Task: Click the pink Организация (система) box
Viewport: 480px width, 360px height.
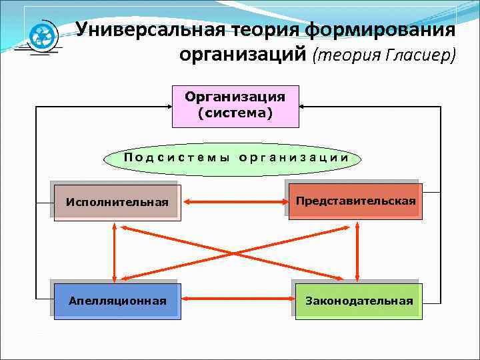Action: tap(235, 106)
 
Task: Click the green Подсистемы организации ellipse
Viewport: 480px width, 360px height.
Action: tap(235, 158)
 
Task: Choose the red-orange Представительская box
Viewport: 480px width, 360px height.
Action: tap(355, 201)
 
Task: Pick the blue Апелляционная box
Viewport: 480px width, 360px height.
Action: tap(117, 301)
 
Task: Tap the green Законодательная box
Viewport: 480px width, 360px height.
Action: tap(358, 301)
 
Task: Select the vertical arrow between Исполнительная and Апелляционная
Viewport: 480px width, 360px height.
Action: tap(115, 251)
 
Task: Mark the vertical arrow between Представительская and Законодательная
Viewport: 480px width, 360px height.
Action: tap(358, 251)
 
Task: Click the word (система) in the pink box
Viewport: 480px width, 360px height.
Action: tap(235, 113)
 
